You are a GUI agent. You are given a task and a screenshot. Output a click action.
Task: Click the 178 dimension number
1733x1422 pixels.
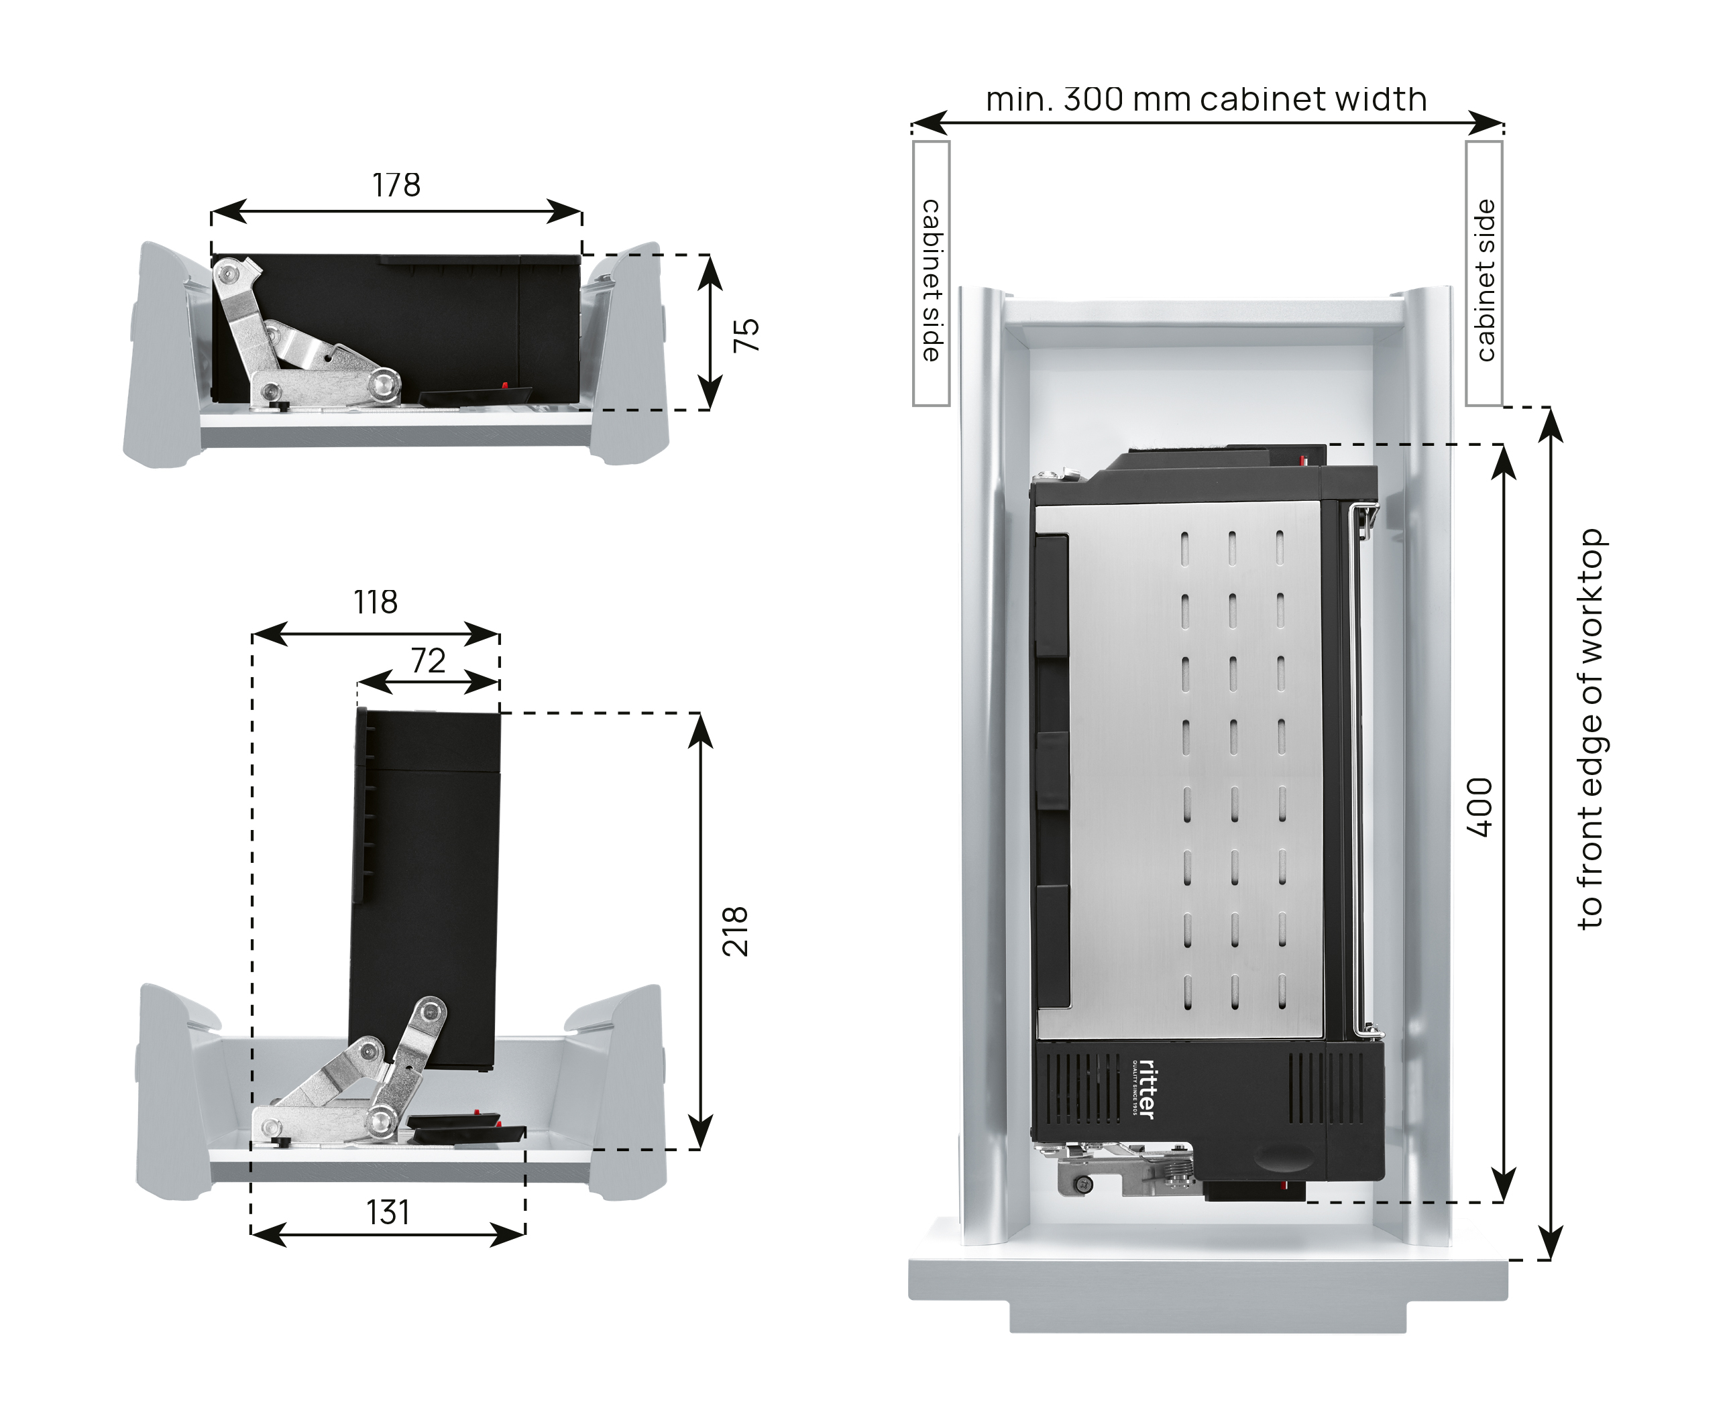click(x=396, y=186)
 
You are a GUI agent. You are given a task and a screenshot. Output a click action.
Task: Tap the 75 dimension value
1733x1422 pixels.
click(x=746, y=335)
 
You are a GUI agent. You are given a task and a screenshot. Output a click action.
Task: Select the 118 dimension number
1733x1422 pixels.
click(x=376, y=603)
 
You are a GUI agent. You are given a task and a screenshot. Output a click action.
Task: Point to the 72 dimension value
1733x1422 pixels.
click(x=428, y=661)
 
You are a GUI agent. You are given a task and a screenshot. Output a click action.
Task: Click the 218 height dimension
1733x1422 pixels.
click(x=736, y=931)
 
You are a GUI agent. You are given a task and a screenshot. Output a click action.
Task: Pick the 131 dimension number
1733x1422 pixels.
click(x=387, y=1213)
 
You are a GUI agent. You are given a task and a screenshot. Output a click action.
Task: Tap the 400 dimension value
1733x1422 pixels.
click(x=1479, y=809)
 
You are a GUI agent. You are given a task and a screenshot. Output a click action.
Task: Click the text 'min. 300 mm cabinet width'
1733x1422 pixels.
click(x=1206, y=100)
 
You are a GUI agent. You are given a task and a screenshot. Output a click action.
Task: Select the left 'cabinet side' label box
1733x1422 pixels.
click(x=931, y=274)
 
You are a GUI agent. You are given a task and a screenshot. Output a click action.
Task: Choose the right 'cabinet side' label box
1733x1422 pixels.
click(x=1484, y=274)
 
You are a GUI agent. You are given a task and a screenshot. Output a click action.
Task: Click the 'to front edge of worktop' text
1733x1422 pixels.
click(x=1590, y=729)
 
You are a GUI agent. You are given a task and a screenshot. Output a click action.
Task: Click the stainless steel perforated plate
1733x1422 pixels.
click(x=1180, y=770)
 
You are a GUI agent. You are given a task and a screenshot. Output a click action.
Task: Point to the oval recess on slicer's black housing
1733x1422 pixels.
click(x=1278, y=1160)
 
